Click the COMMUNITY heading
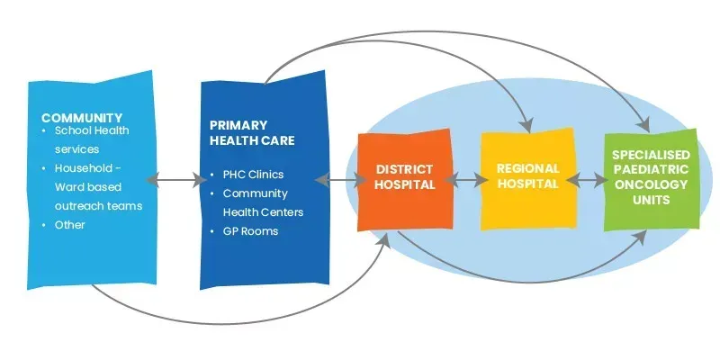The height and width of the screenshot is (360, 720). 82,118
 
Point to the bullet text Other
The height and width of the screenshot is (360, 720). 70,224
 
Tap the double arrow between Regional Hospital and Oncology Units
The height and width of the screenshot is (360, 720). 588,180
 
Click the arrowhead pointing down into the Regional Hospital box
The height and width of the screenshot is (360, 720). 526,121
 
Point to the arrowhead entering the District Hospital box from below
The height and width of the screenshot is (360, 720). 388,239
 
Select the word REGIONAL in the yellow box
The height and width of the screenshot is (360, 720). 527,168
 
